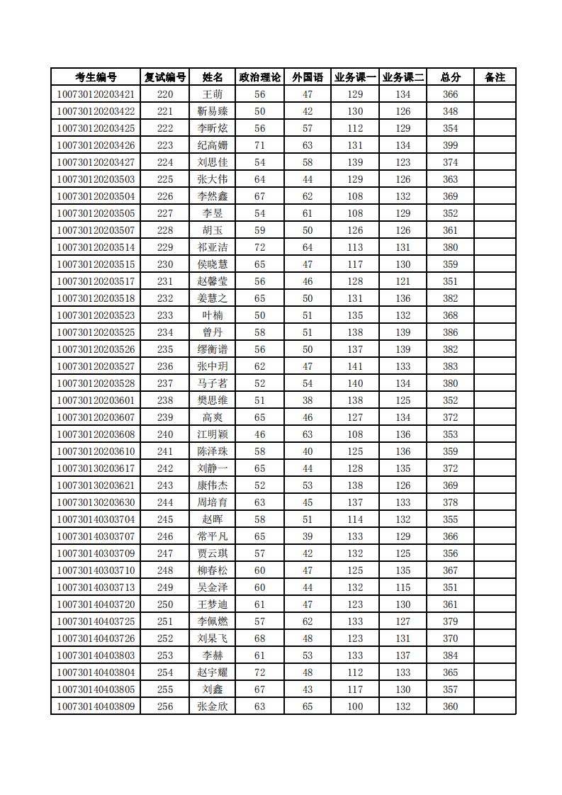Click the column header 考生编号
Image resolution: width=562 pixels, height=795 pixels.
[x=96, y=77]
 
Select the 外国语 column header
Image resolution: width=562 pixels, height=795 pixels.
[x=308, y=77]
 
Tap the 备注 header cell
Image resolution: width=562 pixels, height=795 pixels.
[x=495, y=77]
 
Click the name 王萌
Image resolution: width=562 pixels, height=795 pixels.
[x=213, y=94]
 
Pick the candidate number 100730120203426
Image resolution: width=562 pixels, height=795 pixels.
[x=96, y=145]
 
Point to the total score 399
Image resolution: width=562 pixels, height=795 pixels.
[x=450, y=145]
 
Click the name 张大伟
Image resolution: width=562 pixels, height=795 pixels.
[x=213, y=179]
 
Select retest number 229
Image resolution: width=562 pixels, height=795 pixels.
[x=165, y=247]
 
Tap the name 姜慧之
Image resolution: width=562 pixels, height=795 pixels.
[x=213, y=298]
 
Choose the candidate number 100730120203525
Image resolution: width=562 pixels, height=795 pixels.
[x=96, y=332]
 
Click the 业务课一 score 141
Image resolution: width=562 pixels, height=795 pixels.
[x=355, y=366]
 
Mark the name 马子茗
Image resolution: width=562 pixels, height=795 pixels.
[x=213, y=383]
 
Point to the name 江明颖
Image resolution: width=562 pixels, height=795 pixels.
[x=213, y=434]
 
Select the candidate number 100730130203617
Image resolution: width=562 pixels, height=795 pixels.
[x=96, y=468]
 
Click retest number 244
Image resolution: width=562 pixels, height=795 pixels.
[x=165, y=502]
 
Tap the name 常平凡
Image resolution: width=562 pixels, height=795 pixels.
[x=213, y=536]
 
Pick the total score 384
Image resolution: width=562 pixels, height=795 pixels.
[x=450, y=655]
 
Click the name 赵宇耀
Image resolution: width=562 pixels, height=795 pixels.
[x=213, y=672]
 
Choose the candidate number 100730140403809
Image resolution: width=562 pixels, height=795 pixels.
[x=96, y=706]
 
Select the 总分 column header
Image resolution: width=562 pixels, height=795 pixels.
[x=450, y=77]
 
